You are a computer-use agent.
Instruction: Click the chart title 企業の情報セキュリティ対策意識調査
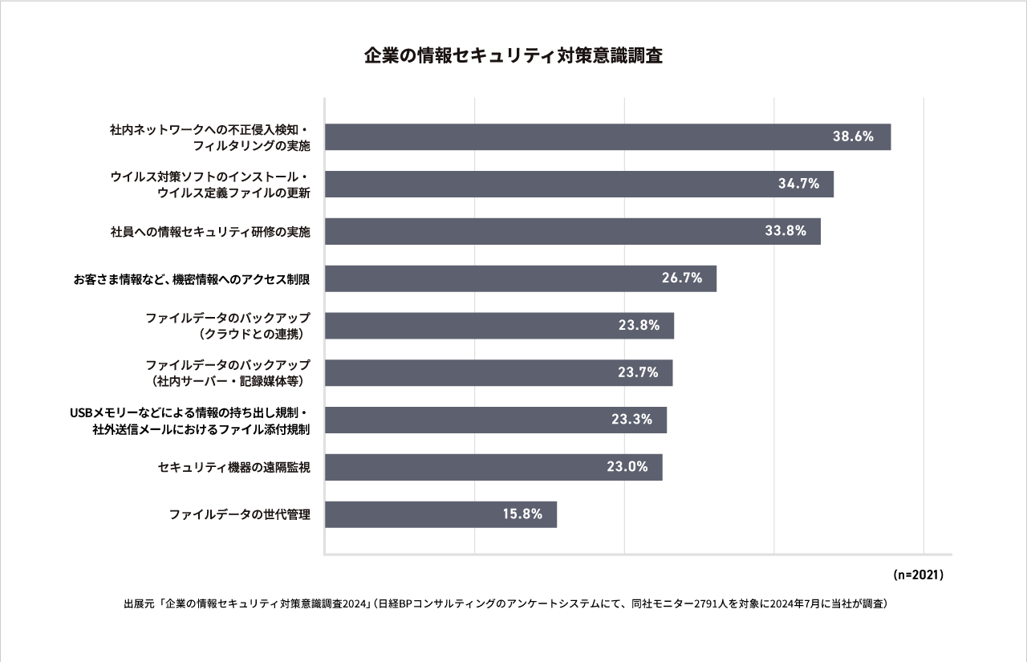(513, 57)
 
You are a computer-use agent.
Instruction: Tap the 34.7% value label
(798, 184)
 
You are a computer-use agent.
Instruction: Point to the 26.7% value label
(682, 278)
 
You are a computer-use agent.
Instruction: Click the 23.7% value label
(639, 372)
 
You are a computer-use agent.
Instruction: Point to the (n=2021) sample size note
(917, 575)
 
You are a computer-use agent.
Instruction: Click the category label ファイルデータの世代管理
(239, 514)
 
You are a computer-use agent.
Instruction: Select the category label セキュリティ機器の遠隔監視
(234, 467)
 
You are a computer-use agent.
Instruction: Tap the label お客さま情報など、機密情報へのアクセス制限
(192, 278)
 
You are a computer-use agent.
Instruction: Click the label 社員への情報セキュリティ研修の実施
(210, 232)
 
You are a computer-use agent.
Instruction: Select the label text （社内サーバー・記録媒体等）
(228, 380)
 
